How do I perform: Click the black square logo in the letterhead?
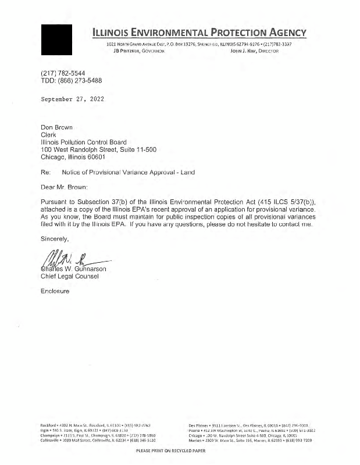(56, 40)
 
